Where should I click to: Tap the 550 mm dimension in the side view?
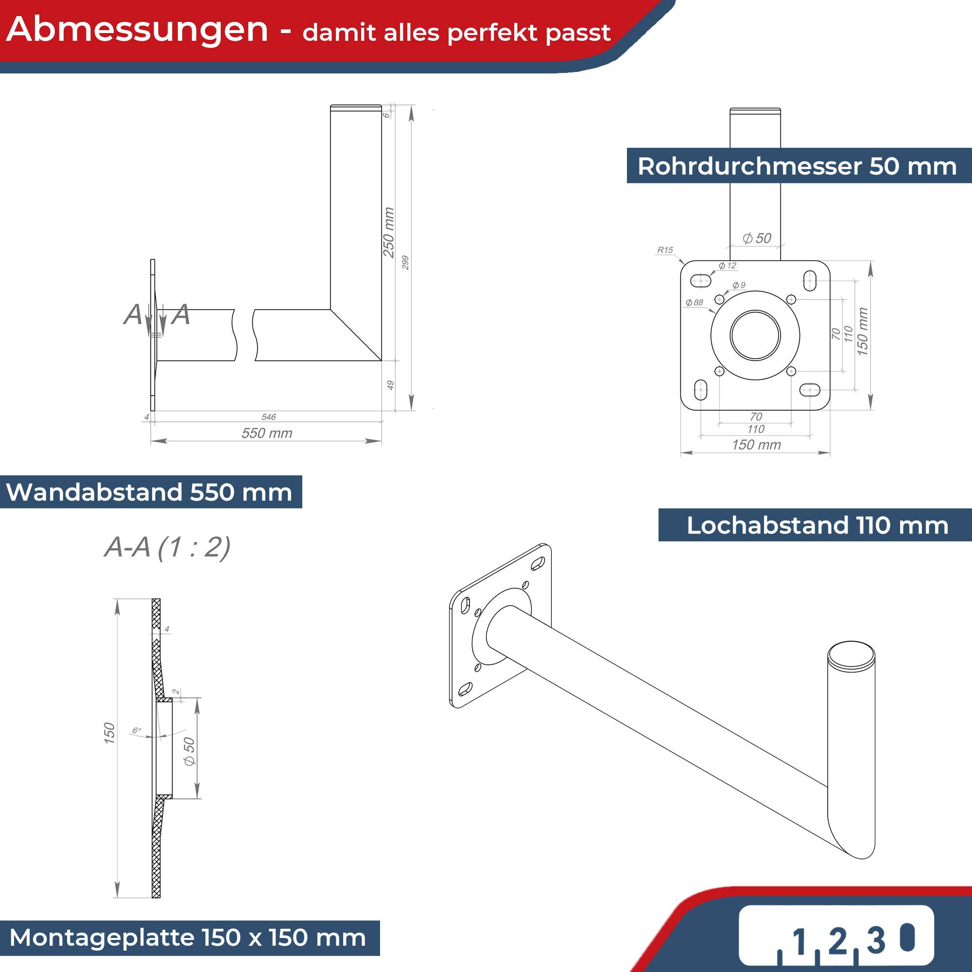click(x=267, y=433)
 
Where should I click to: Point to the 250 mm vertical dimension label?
click(x=388, y=232)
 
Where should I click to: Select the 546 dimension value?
click(x=269, y=417)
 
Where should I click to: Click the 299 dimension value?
click(x=405, y=262)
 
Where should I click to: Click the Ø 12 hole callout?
click(x=727, y=266)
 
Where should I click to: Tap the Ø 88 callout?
click(x=694, y=302)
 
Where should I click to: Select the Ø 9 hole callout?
click(x=739, y=285)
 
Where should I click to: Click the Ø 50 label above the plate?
click(x=757, y=238)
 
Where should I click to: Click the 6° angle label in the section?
click(x=137, y=730)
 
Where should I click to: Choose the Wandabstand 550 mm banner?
click(x=149, y=492)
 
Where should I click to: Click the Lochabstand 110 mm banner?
click(x=817, y=525)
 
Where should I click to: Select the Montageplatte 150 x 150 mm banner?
click(x=188, y=938)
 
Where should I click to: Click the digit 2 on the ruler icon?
click(x=837, y=940)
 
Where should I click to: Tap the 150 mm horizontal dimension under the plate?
click(x=756, y=445)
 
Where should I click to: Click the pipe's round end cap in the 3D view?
click(x=851, y=655)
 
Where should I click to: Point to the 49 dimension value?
click(x=390, y=385)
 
